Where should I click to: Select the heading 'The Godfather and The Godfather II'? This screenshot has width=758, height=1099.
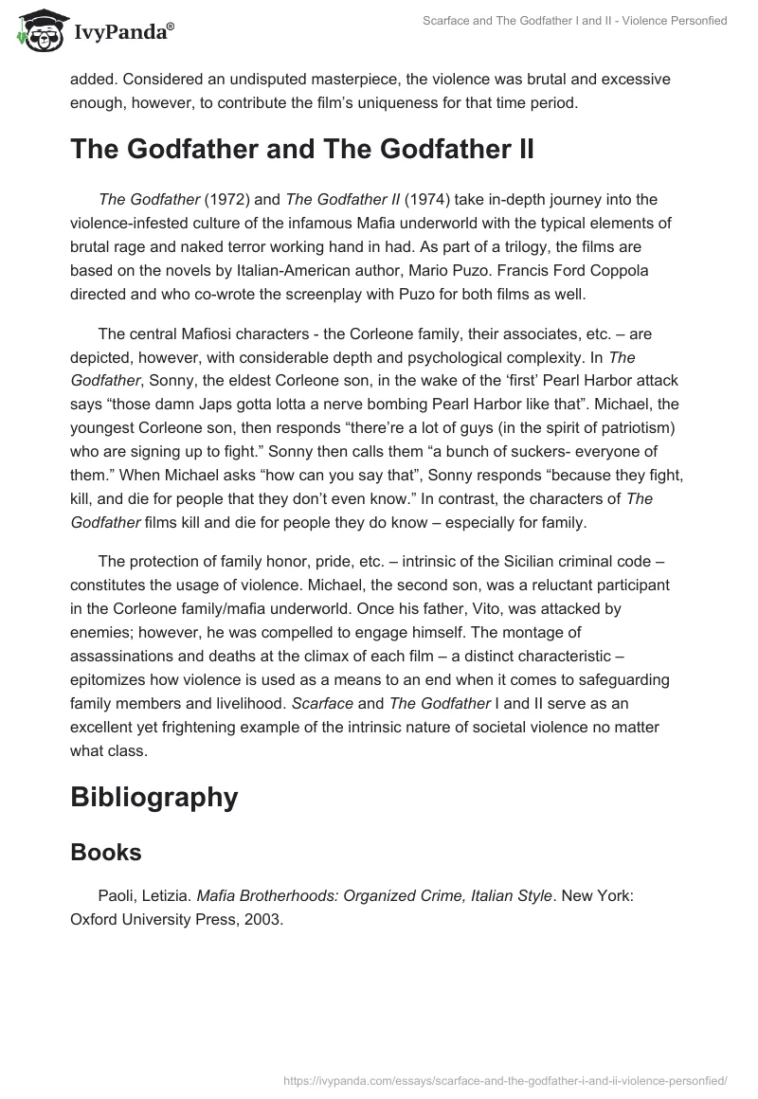pos(302,150)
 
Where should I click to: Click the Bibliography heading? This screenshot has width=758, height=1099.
pos(153,797)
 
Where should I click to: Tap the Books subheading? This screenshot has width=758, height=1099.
pos(106,852)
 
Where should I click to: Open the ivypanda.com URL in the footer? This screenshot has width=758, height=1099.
pos(506,1079)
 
